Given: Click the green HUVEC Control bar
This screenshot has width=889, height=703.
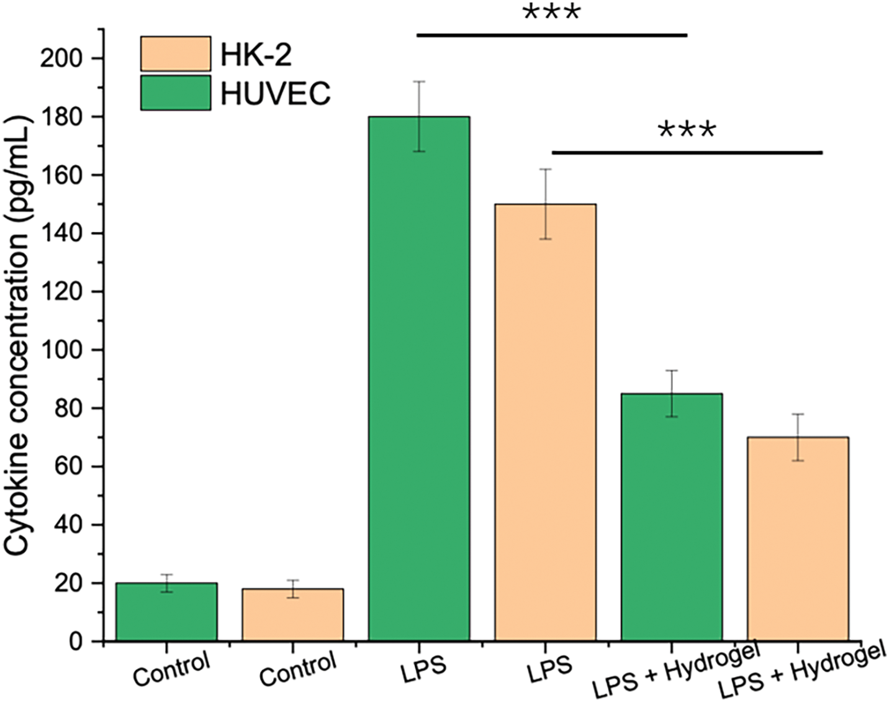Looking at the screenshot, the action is click(166, 612).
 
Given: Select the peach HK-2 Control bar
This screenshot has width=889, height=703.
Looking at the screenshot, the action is click(293, 615).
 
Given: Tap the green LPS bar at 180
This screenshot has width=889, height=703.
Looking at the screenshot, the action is click(419, 379).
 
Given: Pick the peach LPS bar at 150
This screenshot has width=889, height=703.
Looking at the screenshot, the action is click(546, 422).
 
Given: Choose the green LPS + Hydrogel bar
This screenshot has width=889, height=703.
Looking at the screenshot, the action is click(672, 517).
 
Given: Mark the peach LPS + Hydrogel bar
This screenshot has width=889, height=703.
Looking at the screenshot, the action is click(798, 539).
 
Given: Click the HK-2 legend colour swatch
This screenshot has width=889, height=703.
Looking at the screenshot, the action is click(176, 54).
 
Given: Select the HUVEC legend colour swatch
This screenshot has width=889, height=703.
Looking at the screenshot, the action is click(176, 93).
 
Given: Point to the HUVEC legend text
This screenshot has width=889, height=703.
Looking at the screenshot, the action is click(276, 93).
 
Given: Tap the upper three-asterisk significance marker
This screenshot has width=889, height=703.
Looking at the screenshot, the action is click(552, 13).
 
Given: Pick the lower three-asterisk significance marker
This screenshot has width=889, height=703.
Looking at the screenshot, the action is click(687, 131).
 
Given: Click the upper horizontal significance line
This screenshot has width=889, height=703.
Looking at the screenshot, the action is click(552, 35).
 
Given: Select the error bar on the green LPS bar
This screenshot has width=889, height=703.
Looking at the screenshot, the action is click(419, 117).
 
